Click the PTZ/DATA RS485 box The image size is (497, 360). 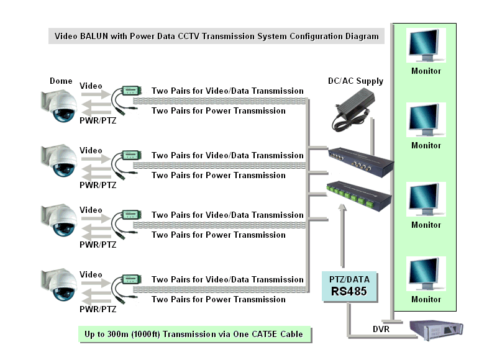(349, 286)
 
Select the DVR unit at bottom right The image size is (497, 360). (436, 330)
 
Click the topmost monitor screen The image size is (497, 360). (426, 45)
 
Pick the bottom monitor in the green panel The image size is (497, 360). (426, 274)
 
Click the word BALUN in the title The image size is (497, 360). (94, 36)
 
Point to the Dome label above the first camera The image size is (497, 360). (61, 81)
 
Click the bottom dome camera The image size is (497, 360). (59, 284)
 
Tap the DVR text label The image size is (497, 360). (381, 330)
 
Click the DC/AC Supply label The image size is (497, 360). (355, 81)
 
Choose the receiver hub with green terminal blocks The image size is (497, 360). (359, 196)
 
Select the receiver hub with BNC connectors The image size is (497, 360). (361, 162)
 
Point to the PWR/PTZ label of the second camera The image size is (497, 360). (98, 185)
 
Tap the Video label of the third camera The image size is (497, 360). (91, 210)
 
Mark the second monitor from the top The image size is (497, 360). (426, 120)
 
